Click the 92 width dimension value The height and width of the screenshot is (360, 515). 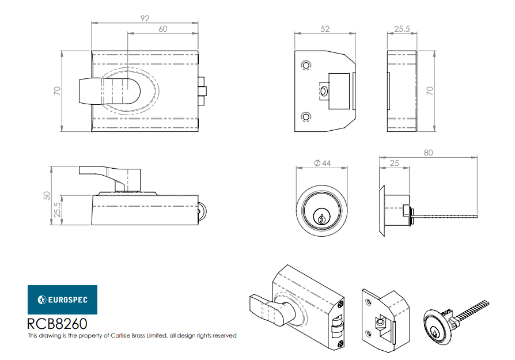[x=145, y=18]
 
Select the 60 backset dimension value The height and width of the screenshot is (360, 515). [x=163, y=29]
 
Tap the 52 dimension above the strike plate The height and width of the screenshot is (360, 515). [x=325, y=29]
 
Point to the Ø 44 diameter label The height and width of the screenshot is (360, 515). [x=322, y=163]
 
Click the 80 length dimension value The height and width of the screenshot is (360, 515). [x=428, y=153]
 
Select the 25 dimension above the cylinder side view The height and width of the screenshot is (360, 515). [x=394, y=163]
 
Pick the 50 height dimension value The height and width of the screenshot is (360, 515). [x=47, y=195]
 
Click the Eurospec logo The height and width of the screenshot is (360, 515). [x=62, y=300]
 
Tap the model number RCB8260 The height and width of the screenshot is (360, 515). [x=57, y=324]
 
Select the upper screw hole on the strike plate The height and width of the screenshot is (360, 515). [x=306, y=65]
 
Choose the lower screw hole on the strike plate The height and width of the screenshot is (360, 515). [x=306, y=116]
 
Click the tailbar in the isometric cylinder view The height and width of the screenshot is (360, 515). [x=471, y=312]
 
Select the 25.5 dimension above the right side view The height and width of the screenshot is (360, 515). [x=402, y=29]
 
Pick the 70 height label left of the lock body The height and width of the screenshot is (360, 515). [x=57, y=91]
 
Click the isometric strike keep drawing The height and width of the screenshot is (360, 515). [x=386, y=321]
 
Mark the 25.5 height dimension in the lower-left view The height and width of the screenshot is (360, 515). [x=57, y=210]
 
